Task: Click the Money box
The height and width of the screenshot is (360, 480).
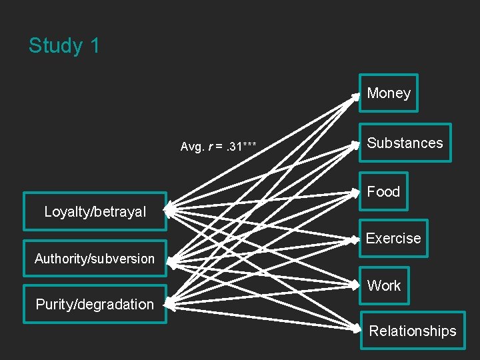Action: tap(389, 93)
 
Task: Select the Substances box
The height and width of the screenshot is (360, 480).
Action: tap(405, 143)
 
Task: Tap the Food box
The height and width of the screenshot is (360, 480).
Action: tap(383, 192)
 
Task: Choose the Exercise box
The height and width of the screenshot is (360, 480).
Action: tap(393, 239)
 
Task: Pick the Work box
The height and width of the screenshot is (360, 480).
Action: tap(384, 286)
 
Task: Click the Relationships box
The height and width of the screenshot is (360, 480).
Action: tap(413, 331)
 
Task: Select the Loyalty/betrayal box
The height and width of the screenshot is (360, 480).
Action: tap(95, 212)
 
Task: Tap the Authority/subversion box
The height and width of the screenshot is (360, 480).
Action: tap(95, 259)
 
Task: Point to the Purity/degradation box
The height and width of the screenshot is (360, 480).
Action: tap(95, 305)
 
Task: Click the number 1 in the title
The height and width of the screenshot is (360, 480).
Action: tap(94, 46)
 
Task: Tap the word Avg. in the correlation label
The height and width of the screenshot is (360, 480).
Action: tap(192, 147)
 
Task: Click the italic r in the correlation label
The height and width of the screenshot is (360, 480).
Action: tap(211, 147)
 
